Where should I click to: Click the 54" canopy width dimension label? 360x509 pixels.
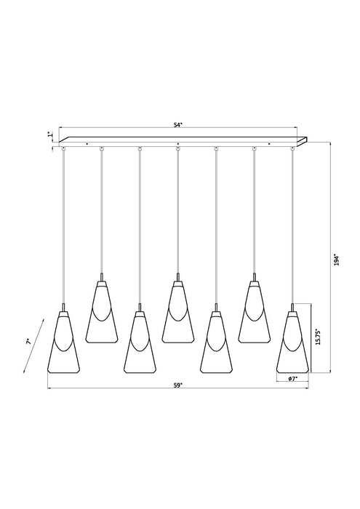[x=178, y=125]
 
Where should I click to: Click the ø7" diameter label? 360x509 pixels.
[x=291, y=380]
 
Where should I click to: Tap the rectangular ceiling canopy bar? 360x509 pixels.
[x=182, y=139]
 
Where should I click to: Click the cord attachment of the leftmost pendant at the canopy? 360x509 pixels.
[x=64, y=148]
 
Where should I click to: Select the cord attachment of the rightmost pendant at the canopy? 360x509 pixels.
[x=292, y=148]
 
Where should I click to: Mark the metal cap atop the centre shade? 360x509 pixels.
[x=177, y=277]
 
